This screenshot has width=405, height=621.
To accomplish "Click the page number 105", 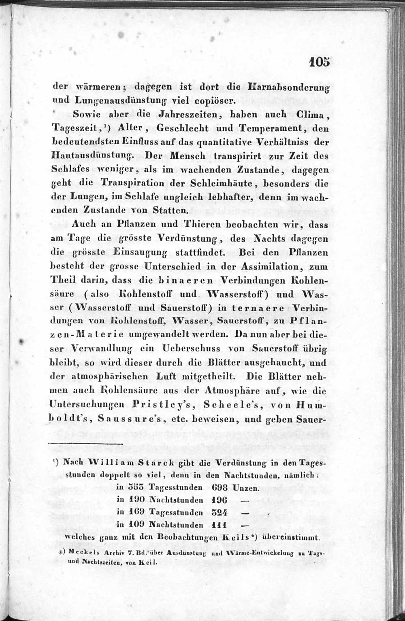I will tap(319, 61).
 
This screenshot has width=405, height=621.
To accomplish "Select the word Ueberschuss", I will tap(191, 349).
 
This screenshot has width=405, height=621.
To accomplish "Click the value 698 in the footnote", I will tap(220, 488).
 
